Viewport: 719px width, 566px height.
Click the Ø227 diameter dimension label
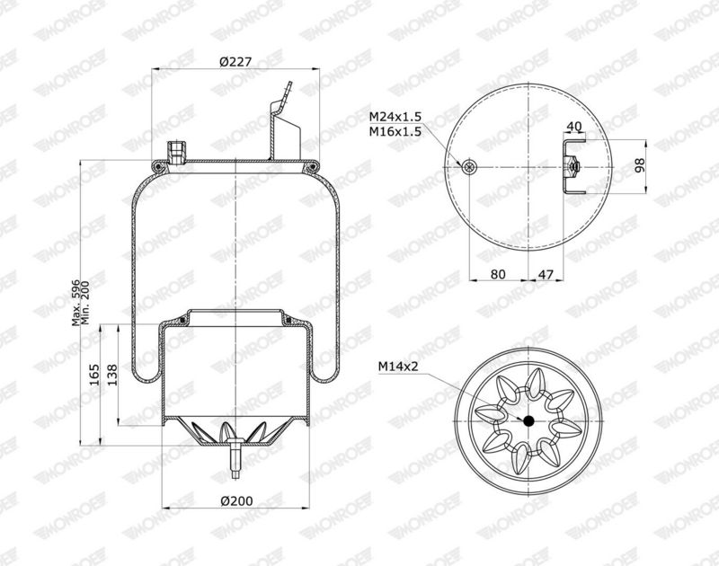(235, 62)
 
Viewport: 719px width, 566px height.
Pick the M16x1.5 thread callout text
(395, 132)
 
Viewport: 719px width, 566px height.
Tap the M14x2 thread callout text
(396, 366)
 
